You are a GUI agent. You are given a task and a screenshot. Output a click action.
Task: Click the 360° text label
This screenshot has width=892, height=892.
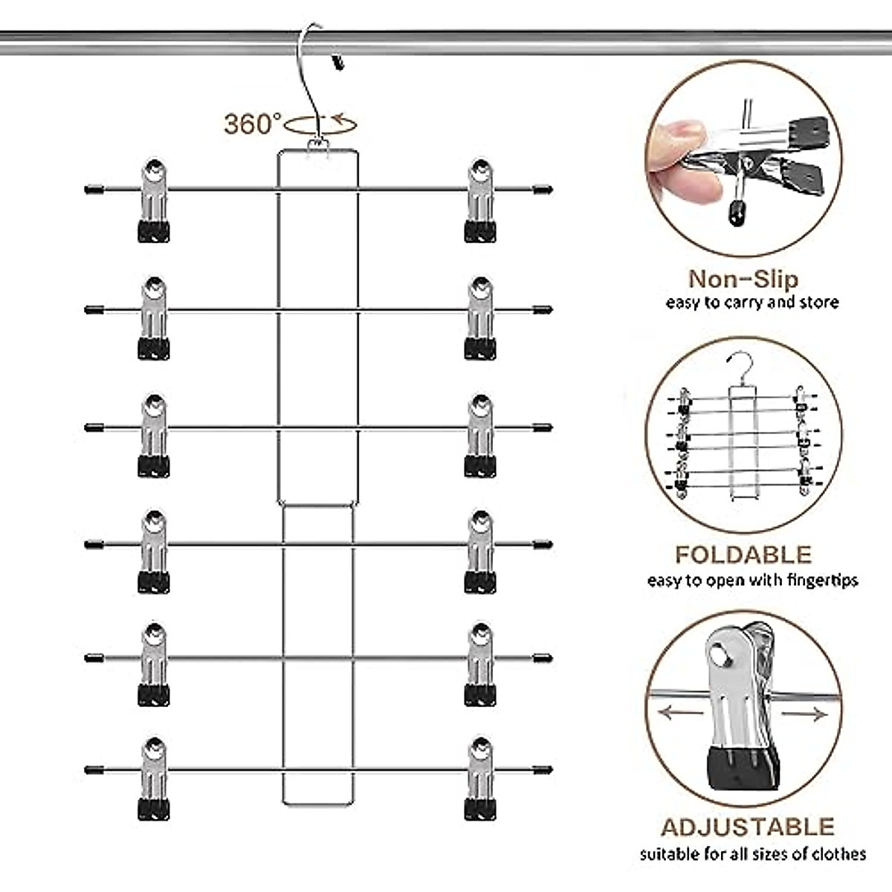coord(253,123)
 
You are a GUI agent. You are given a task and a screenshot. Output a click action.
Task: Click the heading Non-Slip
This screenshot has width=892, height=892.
coord(743,279)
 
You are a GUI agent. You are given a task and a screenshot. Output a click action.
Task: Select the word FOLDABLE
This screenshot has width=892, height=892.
coord(743,555)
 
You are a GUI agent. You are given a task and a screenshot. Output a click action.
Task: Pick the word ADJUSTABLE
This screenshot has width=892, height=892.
coord(747,827)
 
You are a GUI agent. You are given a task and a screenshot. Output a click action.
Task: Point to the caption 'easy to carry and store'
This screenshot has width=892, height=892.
coord(752,303)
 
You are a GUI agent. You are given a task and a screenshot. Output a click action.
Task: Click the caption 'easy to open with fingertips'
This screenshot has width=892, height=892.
coord(752,580)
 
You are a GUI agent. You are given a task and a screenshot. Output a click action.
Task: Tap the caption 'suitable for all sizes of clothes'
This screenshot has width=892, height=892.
coord(752,854)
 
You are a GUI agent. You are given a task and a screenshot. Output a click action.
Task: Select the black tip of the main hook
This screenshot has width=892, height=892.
coord(339,62)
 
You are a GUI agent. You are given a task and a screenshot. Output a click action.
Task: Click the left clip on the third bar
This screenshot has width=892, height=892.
coord(154,436)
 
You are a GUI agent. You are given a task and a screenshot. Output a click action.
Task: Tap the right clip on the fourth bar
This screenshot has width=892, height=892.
coord(480,552)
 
